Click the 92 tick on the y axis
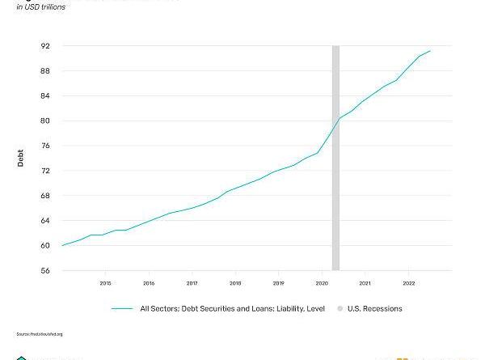click(x=45, y=46)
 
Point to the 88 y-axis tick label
click(x=45, y=71)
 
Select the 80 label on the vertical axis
click(x=45, y=121)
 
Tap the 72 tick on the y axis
click(x=45, y=171)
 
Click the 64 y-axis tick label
click(x=45, y=221)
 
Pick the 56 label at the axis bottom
click(x=45, y=271)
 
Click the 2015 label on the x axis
click(x=106, y=283)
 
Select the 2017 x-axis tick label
click(x=192, y=283)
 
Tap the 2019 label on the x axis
click(x=278, y=283)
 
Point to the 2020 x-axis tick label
click(x=322, y=283)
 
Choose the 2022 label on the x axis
click(x=407, y=283)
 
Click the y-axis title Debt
click(x=21, y=159)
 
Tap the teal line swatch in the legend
click(x=122, y=308)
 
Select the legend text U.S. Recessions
click(x=374, y=308)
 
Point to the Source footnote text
click(x=39, y=334)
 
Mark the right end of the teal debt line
click(x=430, y=51)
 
